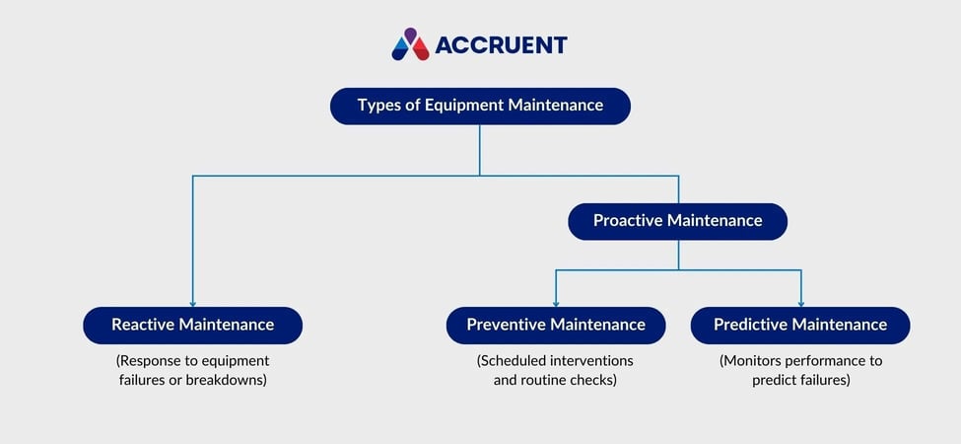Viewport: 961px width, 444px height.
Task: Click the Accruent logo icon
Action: point(410,44)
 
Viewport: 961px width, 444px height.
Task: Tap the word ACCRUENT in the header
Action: point(501,45)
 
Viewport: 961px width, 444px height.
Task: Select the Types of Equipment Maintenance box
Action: point(480,106)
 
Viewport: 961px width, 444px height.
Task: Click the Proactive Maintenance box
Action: point(677,221)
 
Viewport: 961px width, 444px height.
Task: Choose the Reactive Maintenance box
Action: point(192,325)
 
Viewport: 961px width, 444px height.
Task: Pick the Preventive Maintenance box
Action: point(556,325)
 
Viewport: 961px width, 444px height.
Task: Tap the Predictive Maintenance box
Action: point(799,325)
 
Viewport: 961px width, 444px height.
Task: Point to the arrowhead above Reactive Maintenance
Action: point(192,302)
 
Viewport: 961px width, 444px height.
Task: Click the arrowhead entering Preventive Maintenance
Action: point(556,302)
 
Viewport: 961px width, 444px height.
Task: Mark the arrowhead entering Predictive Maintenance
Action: point(800,302)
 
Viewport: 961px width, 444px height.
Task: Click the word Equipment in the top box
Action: point(463,106)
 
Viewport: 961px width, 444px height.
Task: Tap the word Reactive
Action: point(144,325)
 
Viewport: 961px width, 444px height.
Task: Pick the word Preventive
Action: point(507,325)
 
